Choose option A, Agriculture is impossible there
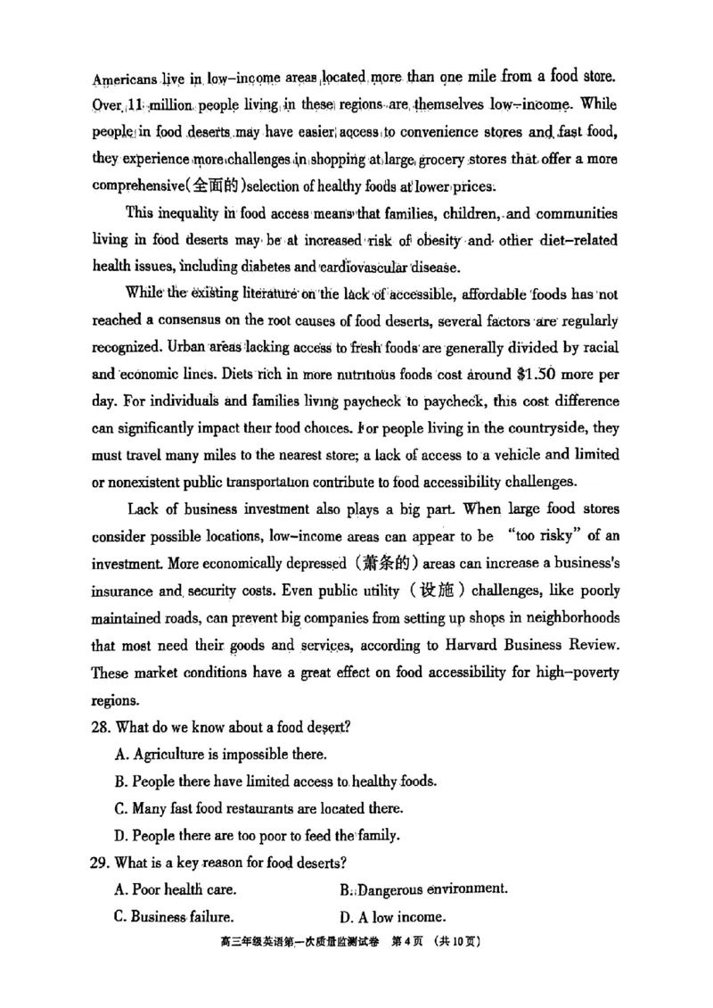pyautogui.click(x=220, y=755)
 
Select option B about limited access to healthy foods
pyautogui.click(x=275, y=781)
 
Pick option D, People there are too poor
pyautogui.click(x=257, y=836)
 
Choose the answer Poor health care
pyautogui.click(x=176, y=889)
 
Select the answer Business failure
pyautogui.click(x=175, y=917)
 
